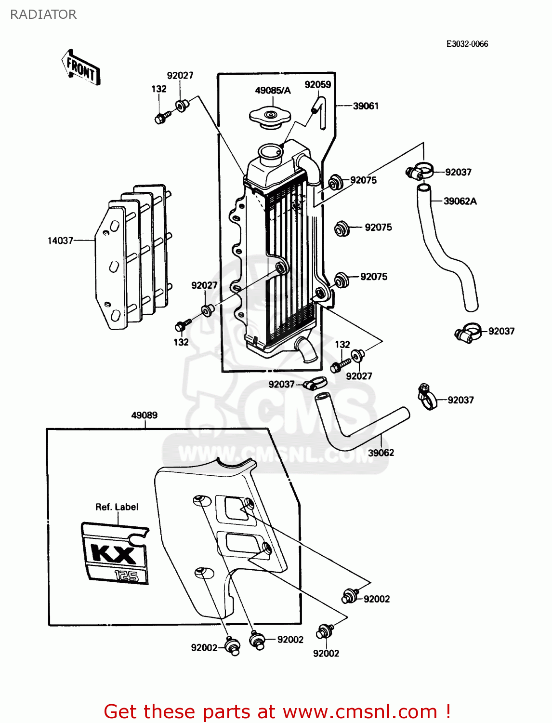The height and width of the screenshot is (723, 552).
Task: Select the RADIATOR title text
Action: tap(43, 14)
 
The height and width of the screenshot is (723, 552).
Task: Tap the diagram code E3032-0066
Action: tap(467, 44)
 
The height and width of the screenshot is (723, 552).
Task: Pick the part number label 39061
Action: tap(366, 106)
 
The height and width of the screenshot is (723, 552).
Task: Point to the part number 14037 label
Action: tap(60, 241)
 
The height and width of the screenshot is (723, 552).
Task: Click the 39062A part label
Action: tap(460, 201)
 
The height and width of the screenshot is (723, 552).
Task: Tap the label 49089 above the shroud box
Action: tap(144, 415)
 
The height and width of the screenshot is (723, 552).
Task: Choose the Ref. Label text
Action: tap(117, 507)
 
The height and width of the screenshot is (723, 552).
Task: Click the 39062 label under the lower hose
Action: tap(381, 453)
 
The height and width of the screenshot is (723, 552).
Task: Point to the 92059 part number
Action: tap(317, 85)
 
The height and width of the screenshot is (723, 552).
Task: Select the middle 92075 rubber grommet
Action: tap(342, 228)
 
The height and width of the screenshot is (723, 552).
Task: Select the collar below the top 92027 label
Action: tap(182, 106)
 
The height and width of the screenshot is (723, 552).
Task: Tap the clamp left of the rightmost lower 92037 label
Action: tap(426, 398)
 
